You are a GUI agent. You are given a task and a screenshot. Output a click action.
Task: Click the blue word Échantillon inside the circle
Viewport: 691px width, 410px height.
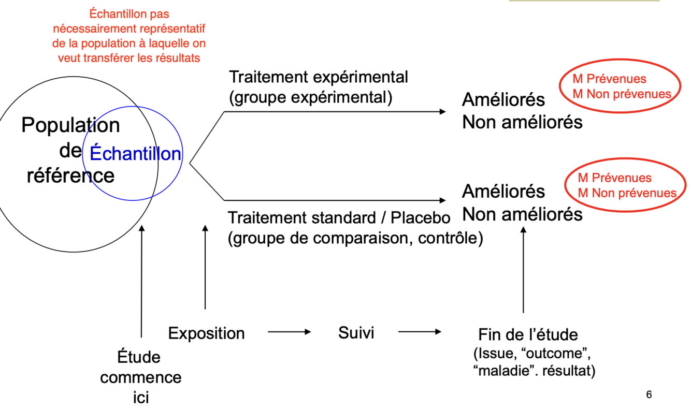click(135, 154)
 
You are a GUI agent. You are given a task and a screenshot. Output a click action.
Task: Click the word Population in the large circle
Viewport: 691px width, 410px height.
click(70, 125)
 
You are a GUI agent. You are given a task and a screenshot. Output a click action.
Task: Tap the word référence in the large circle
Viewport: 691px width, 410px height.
click(70, 175)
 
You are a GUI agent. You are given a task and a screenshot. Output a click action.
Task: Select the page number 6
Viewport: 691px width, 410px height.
click(649, 394)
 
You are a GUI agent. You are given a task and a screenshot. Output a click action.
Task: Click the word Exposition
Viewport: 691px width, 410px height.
click(206, 333)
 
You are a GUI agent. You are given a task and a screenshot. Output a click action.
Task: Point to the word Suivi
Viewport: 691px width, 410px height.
click(356, 332)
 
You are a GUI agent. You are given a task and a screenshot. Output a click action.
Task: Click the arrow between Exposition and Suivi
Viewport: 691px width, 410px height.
click(289, 332)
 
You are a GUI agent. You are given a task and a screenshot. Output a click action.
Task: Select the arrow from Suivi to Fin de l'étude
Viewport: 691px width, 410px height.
click(420, 332)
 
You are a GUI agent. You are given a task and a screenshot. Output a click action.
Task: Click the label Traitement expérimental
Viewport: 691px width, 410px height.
click(319, 77)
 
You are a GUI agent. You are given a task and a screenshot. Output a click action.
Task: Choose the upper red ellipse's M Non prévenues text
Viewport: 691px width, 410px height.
click(622, 94)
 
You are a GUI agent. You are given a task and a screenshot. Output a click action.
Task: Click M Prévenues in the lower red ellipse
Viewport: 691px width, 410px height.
click(614, 178)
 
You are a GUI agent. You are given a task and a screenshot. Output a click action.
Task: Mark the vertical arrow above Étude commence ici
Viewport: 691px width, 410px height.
click(141, 280)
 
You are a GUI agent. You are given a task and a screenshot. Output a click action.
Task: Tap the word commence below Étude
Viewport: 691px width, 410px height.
click(141, 377)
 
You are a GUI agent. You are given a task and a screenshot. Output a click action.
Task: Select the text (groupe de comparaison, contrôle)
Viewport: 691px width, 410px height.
click(355, 239)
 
